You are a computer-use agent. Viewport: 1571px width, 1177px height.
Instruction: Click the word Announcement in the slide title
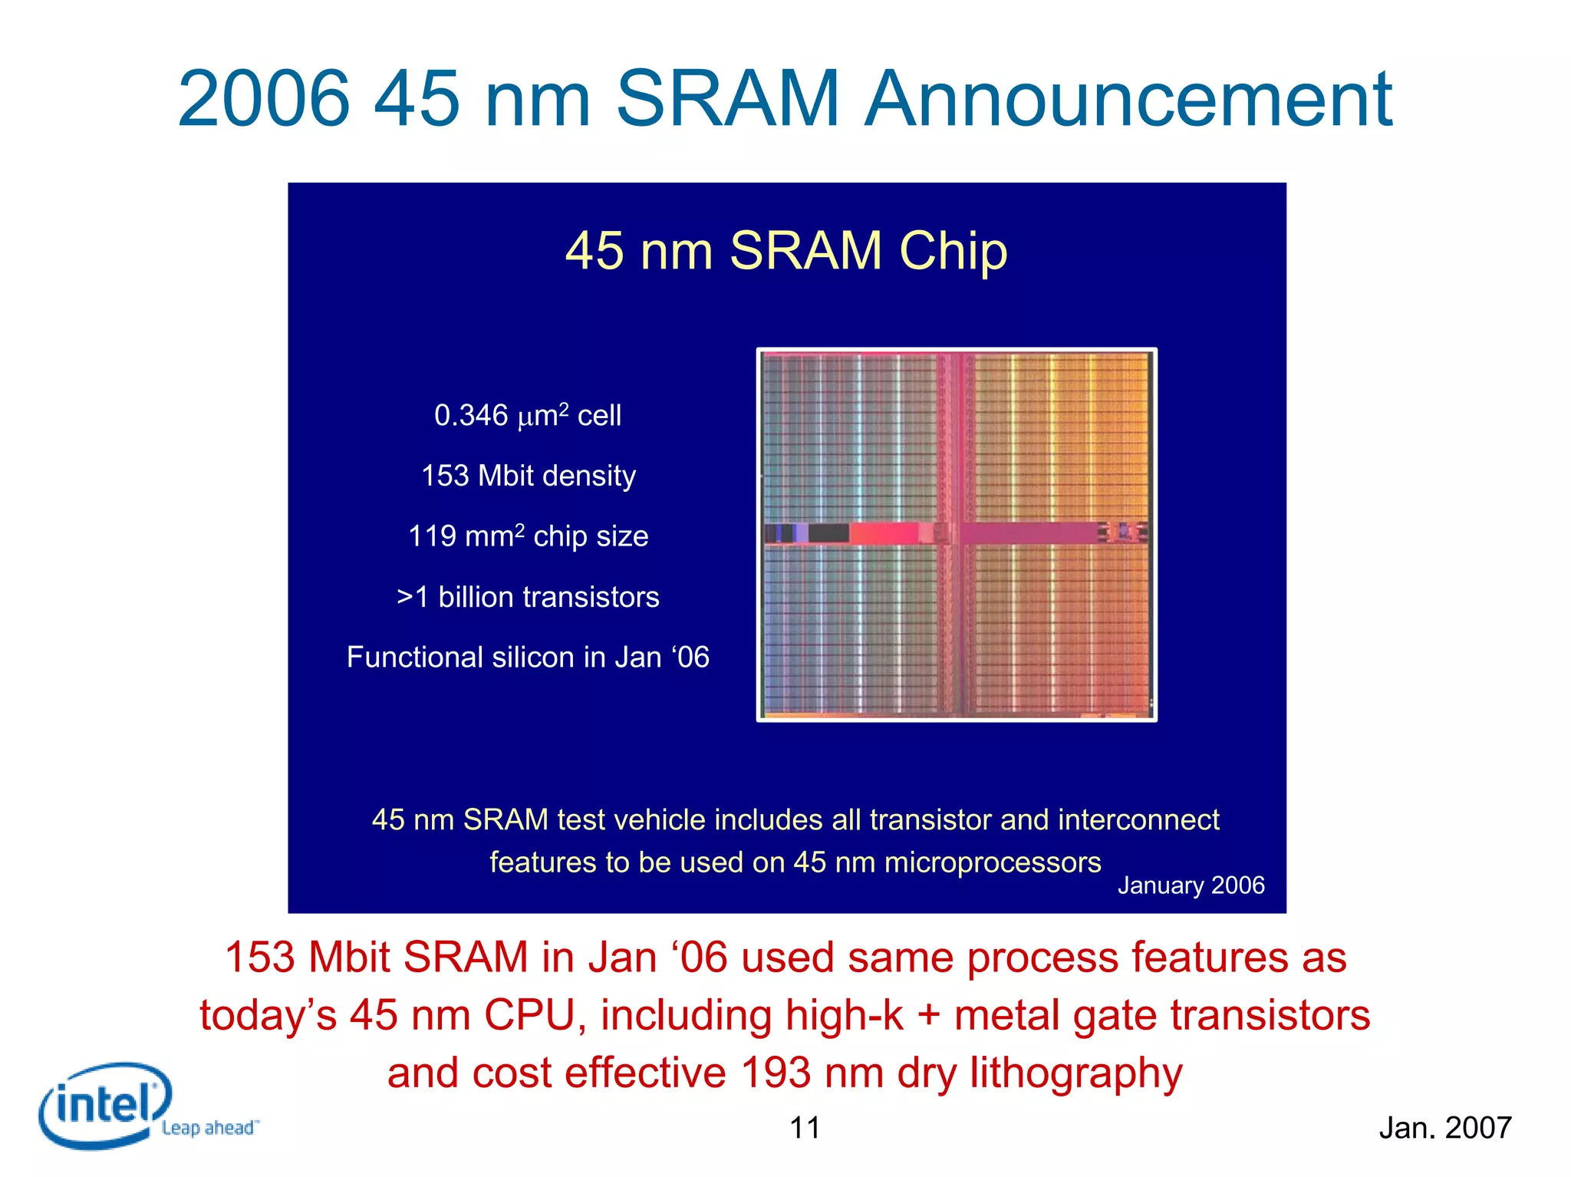tap(1128, 100)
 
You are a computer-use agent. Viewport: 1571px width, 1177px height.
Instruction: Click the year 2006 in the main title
tap(264, 100)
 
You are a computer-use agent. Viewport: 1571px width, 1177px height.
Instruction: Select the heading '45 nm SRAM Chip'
tap(786, 251)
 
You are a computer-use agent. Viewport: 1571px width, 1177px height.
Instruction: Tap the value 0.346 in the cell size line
tap(470, 416)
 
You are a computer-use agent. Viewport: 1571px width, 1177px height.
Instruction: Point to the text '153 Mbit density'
tap(529, 476)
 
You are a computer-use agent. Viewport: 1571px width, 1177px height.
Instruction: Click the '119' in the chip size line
tap(432, 536)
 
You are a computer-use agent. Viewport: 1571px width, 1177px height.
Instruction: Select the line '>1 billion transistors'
tap(529, 597)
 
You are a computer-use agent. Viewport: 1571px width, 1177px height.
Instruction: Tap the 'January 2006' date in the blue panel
tap(1191, 885)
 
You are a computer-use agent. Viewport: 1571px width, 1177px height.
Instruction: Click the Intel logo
tap(104, 1105)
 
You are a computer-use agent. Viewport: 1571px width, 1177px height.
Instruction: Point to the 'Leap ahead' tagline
tap(209, 1128)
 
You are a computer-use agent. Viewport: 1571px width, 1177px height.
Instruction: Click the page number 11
tap(805, 1128)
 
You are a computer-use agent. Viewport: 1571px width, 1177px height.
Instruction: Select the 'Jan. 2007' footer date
tap(1444, 1128)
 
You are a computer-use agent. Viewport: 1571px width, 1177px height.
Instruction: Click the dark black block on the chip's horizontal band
tap(828, 532)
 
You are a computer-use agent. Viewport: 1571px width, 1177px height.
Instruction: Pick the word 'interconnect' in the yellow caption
tap(1138, 820)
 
